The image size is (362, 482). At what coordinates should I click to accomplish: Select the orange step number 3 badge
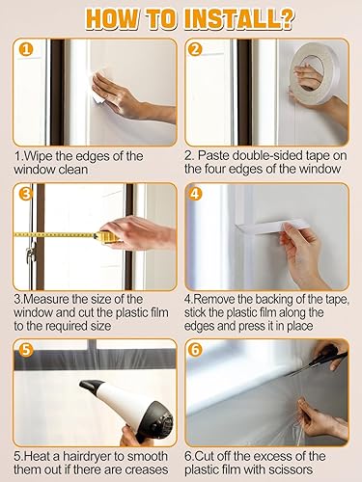coord(26,194)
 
